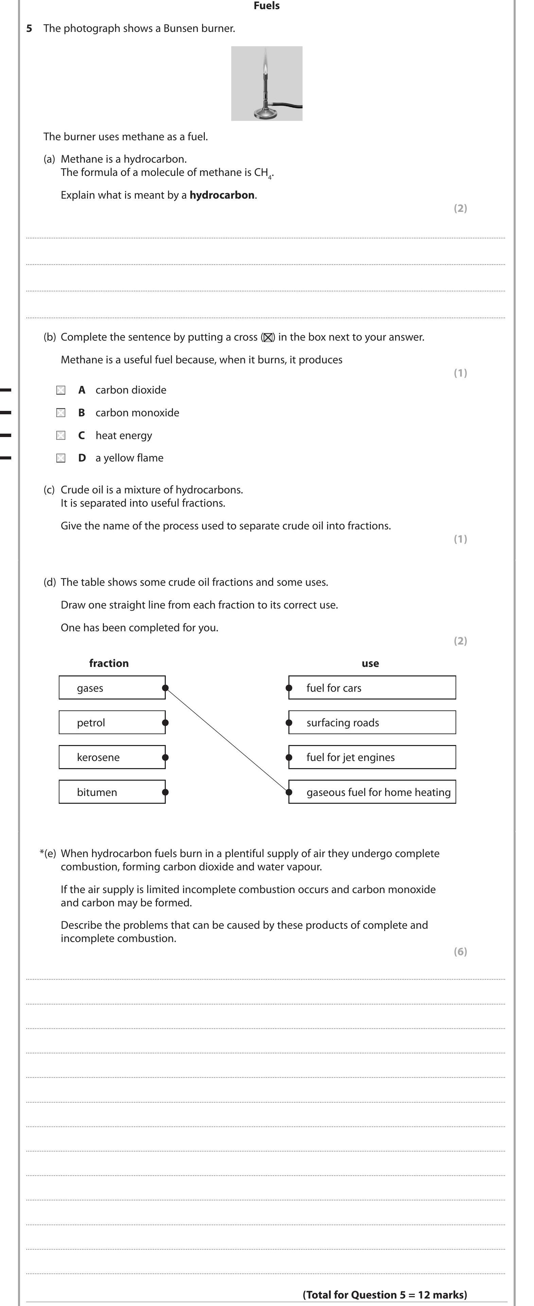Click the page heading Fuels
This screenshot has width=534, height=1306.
[266, 6]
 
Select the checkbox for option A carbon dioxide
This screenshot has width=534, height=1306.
[61, 390]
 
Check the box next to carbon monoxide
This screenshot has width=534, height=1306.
[61, 413]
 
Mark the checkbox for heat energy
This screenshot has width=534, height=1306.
[61, 435]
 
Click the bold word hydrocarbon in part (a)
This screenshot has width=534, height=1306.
[221, 195]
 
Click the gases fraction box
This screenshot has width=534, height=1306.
[111, 688]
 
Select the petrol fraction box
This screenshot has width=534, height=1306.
[111, 723]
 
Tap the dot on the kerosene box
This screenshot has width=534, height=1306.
[165, 758]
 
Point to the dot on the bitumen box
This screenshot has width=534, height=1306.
[165, 792]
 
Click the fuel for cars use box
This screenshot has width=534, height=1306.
[372, 688]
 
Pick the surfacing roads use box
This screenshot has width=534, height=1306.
[372, 723]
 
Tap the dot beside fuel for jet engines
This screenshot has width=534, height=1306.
[289, 758]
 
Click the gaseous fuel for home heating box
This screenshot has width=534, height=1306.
[372, 792]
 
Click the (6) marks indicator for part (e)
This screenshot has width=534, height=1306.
[460, 951]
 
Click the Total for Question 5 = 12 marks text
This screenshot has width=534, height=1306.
[385, 1294]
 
